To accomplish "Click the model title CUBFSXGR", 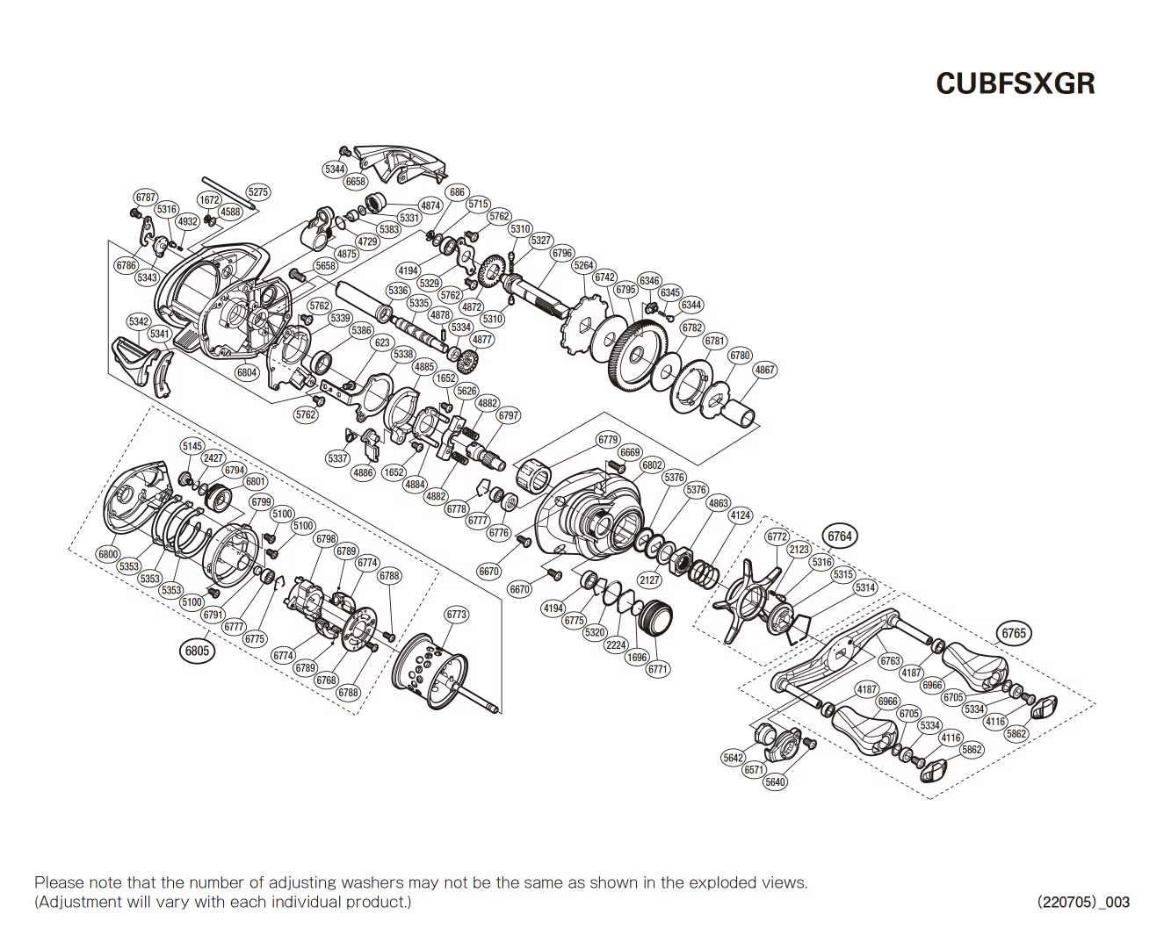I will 1015,83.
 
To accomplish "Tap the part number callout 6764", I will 839,536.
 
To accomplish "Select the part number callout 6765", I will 1013,633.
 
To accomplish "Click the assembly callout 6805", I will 196,651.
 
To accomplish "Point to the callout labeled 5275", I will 258,192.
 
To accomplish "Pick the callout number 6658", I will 356,182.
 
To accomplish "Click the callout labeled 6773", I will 457,615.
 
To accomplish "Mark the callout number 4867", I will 765,370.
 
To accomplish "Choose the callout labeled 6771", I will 658,669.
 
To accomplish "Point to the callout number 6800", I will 108,554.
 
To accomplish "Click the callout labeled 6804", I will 247,372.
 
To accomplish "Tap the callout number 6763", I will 890,661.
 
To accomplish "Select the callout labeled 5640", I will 775,781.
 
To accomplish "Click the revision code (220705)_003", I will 1083,902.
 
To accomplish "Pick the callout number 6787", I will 146,198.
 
